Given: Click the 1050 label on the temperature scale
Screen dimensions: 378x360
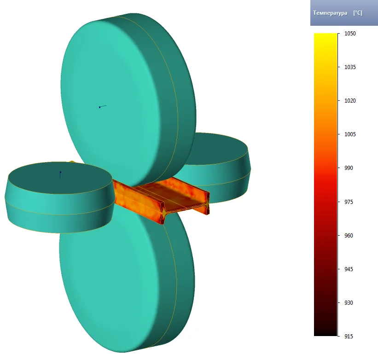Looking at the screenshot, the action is click(x=350, y=34).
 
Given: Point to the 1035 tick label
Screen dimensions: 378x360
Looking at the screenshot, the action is click(x=350, y=67).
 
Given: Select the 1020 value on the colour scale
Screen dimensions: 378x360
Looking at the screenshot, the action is click(x=350, y=101).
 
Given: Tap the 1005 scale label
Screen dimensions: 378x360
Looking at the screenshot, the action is click(x=350, y=134).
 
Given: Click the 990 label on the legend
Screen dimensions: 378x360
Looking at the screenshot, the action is click(x=349, y=168).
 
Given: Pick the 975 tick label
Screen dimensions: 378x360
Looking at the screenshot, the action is click(x=349, y=202).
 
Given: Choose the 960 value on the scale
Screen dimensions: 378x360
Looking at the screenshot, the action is click(x=349, y=235).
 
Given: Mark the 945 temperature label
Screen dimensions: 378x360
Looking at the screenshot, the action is click(x=349, y=269).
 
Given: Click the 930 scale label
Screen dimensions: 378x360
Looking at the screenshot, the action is click(x=349, y=303).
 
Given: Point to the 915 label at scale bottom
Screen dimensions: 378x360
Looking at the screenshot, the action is click(x=349, y=337).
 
